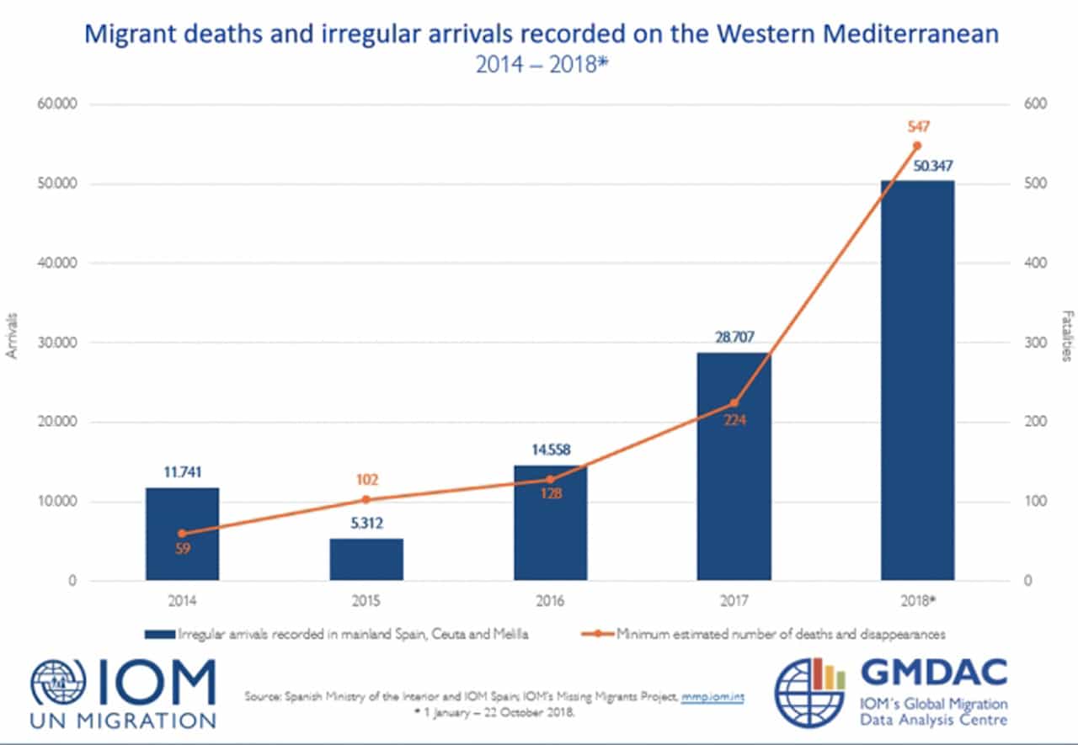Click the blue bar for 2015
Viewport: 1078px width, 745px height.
click(366, 559)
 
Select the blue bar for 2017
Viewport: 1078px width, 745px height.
click(734, 466)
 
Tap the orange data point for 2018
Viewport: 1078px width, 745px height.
click(917, 146)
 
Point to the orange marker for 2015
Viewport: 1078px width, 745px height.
click(366, 500)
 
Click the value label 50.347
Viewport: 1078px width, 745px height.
click(932, 166)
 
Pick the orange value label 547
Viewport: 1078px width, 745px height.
click(918, 126)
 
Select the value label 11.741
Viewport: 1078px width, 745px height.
click(183, 472)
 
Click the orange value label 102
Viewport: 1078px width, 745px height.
click(367, 480)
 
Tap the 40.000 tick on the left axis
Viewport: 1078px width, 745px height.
click(57, 263)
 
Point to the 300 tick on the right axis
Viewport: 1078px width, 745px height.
click(1036, 343)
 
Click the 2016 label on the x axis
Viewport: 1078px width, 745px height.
click(550, 601)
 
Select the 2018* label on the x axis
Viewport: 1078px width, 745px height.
click(918, 601)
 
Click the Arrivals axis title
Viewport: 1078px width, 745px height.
click(12, 336)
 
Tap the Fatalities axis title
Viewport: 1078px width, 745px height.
click(1067, 336)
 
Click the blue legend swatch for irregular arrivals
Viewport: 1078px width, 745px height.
click(160, 635)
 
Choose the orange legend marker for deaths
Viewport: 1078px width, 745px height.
click(597, 634)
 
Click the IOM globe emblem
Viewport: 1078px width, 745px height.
click(58, 683)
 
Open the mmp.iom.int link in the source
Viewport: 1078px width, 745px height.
click(712, 697)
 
